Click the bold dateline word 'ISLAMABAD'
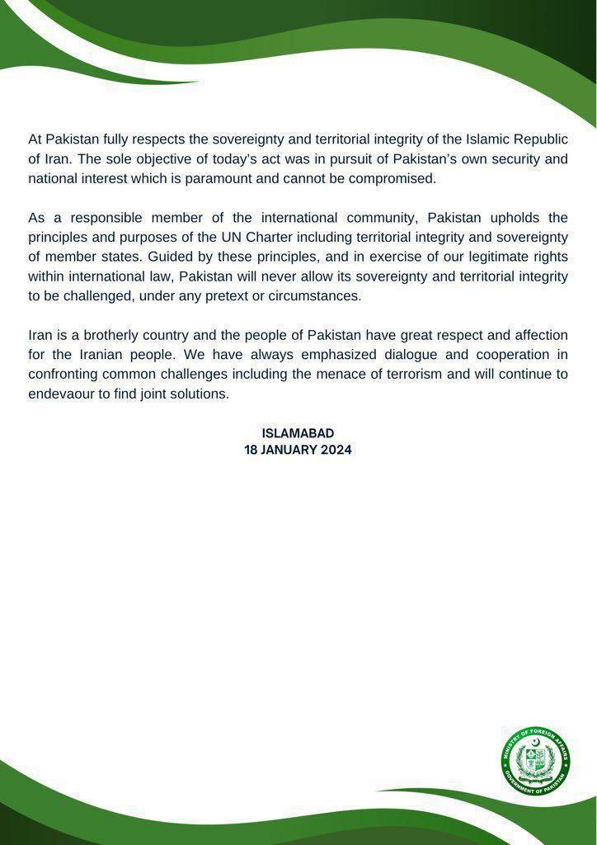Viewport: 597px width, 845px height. pyautogui.click(x=298, y=433)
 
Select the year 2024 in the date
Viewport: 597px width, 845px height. pyautogui.click(x=335, y=450)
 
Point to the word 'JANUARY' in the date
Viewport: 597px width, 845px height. pyautogui.click(x=289, y=450)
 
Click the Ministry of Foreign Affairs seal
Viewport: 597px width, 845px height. pyautogui.click(x=536, y=759)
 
